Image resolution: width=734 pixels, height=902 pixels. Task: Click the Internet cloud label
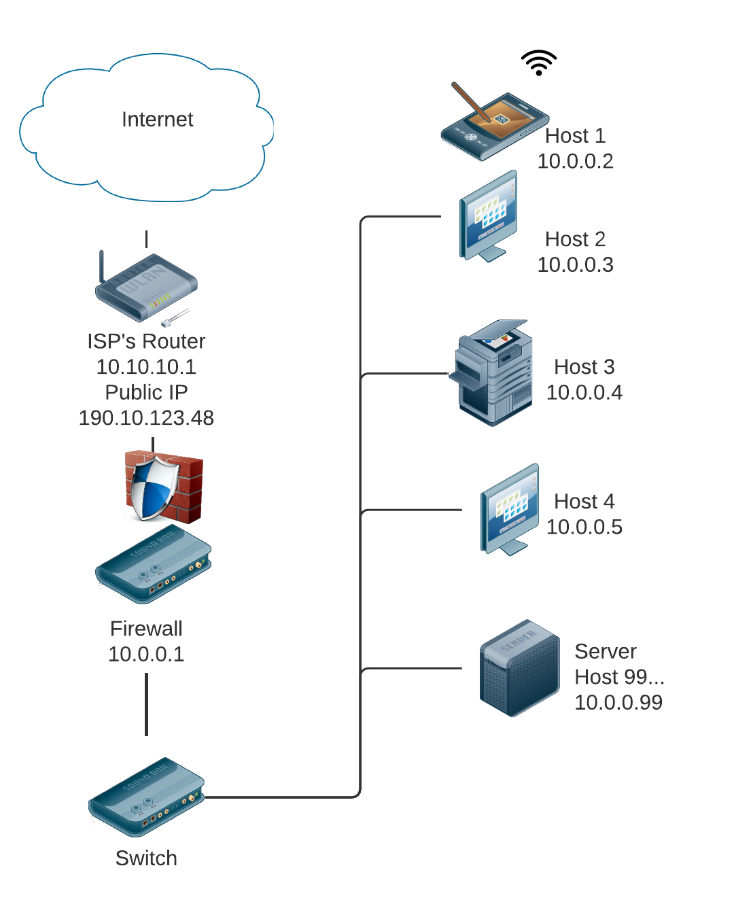157,120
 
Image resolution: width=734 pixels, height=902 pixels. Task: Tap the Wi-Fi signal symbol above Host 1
538,63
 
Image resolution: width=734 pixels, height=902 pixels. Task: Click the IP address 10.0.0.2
575,161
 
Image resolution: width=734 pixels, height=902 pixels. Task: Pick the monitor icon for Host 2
489,216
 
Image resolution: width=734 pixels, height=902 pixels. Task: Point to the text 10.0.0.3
575,264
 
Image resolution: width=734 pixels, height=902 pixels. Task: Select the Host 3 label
584,367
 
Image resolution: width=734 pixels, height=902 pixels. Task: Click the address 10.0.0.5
584,527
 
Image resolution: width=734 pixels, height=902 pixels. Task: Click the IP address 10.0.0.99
618,702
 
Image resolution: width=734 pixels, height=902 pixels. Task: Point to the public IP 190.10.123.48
146,418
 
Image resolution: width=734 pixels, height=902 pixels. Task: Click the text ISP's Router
146,341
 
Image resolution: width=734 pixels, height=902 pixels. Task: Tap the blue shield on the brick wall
154,488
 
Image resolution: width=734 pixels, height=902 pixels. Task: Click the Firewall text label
146,629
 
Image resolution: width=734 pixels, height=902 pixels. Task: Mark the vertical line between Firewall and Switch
146,704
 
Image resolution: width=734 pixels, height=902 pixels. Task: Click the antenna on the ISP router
102,266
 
